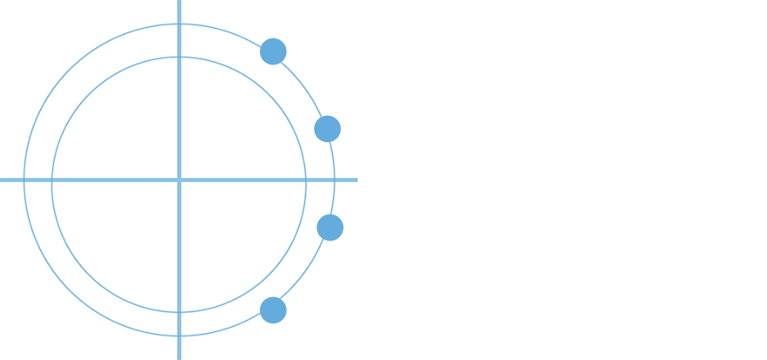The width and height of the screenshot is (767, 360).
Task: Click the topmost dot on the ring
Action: coord(274,50)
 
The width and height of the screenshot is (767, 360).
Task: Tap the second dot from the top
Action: coord(327,129)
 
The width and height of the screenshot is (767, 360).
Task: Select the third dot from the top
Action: coord(330,227)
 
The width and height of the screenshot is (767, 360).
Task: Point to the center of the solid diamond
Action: coord(179,179)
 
